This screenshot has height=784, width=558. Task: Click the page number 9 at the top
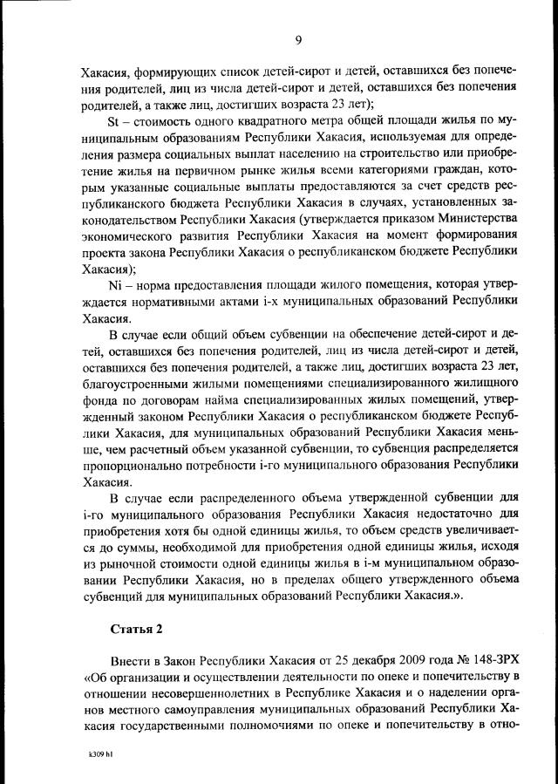click(x=297, y=39)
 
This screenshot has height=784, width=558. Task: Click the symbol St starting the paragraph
click(x=112, y=119)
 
